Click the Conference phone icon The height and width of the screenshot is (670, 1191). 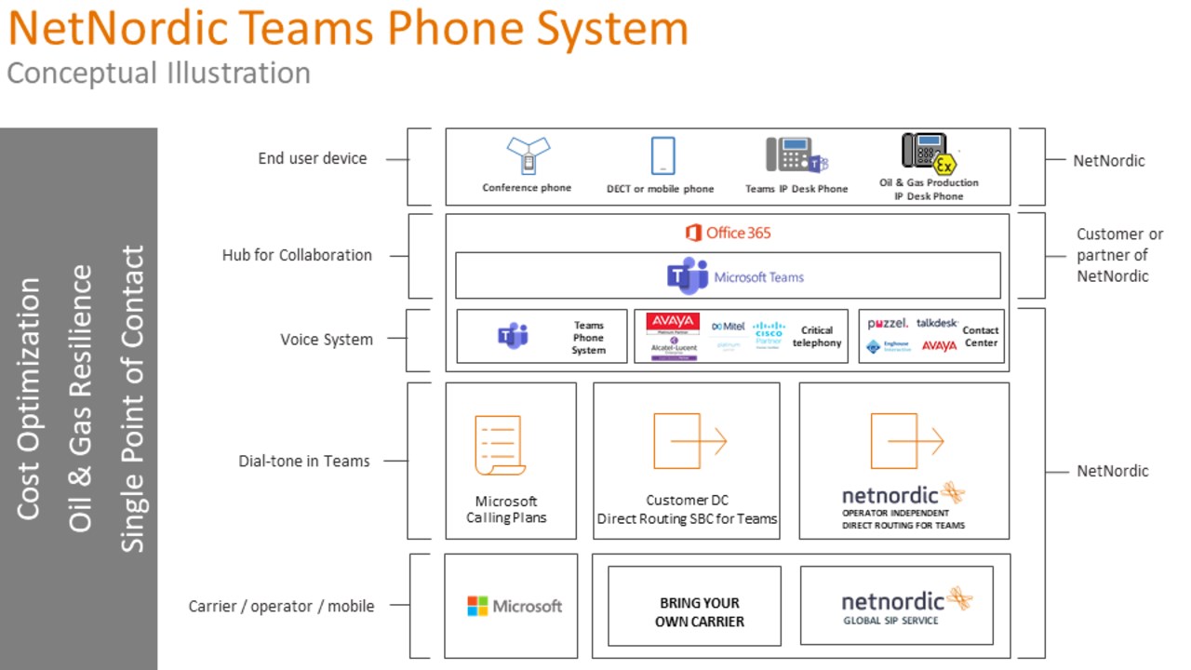click(528, 155)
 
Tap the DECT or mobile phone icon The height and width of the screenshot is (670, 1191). click(662, 156)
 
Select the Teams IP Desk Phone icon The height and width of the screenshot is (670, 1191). click(796, 155)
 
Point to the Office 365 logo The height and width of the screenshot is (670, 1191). click(728, 233)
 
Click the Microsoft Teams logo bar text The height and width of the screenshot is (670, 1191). click(758, 277)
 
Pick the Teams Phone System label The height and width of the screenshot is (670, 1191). click(588, 338)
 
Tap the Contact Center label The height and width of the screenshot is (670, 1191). click(980, 336)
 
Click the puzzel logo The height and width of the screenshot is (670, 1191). click(887, 324)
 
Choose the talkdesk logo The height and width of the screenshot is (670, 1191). click(937, 323)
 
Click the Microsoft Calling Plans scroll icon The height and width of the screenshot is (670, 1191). click(500, 446)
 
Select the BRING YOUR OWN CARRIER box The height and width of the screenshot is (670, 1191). click(699, 612)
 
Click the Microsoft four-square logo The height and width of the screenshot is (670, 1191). click(477, 607)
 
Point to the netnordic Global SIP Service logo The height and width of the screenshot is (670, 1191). click(905, 605)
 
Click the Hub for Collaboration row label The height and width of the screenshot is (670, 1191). click(297, 255)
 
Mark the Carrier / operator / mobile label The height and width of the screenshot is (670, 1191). click(281, 606)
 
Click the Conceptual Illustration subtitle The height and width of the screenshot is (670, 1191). click(158, 74)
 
